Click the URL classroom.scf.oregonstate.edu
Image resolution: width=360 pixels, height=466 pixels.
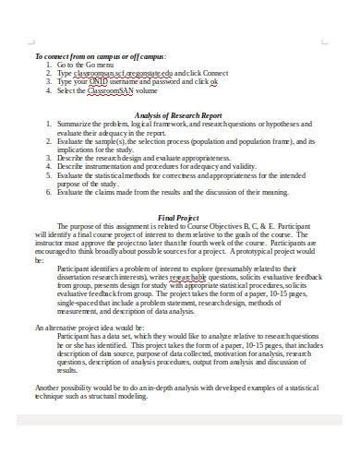pos(124,72)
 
